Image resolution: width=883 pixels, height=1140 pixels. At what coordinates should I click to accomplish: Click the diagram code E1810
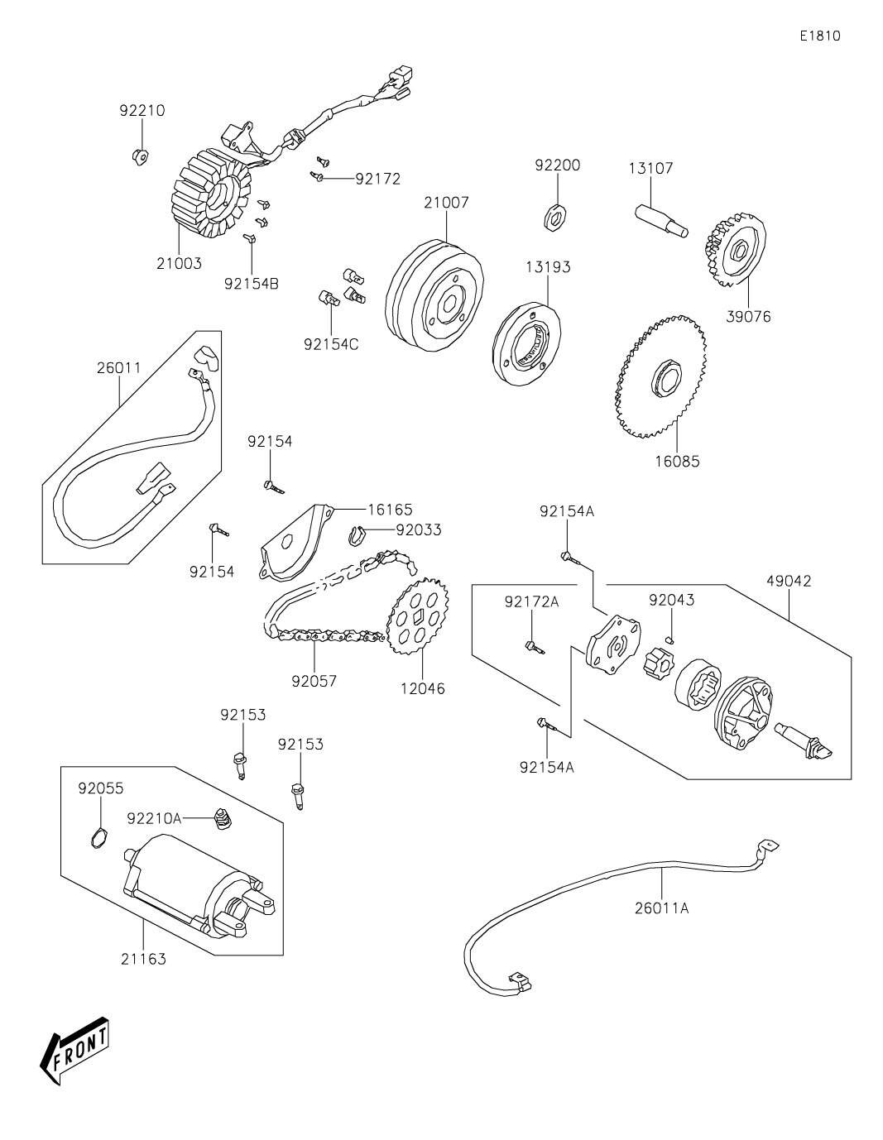(820, 36)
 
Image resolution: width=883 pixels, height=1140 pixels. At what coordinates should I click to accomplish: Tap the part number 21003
(179, 263)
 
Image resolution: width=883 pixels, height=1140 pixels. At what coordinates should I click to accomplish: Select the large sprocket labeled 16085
(660, 376)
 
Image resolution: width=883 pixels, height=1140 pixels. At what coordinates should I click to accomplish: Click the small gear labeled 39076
(734, 250)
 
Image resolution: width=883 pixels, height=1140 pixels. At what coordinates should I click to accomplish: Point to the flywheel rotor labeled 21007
(434, 297)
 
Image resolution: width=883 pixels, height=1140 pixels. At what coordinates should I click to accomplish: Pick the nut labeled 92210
(140, 156)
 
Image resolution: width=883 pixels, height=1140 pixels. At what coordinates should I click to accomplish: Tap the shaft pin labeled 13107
(661, 221)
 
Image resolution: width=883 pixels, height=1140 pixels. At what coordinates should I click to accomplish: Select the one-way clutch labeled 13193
(527, 343)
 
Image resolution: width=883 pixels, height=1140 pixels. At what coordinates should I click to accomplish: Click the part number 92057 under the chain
(314, 682)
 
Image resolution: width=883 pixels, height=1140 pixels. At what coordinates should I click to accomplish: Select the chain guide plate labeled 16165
(296, 543)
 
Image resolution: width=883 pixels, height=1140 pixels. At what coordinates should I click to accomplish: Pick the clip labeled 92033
(357, 535)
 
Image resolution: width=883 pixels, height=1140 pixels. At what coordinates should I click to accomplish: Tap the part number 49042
(789, 582)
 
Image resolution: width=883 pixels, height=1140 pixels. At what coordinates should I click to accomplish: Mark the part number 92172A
(532, 601)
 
